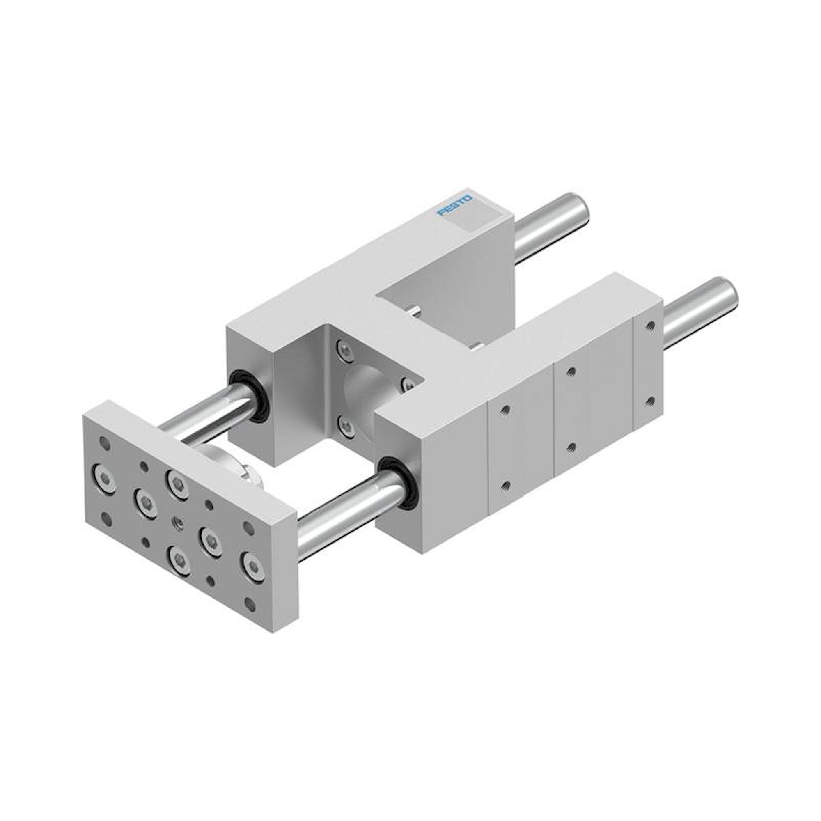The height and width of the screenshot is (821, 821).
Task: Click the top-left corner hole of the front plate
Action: (x=106, y=445)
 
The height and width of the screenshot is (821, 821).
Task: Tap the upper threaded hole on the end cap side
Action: (x=649, y=326)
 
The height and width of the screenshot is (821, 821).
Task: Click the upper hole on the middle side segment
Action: (x=571, y=372)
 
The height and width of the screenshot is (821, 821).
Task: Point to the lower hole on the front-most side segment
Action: (x=505, y=485)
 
